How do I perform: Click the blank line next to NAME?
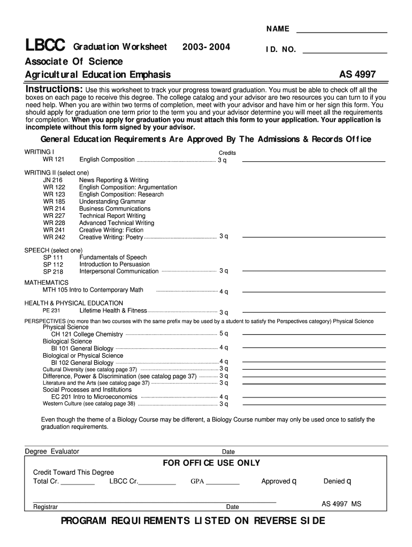(341, 29)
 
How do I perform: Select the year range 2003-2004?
(206, 47)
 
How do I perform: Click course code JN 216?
(53, 180)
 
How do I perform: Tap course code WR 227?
(54, 216)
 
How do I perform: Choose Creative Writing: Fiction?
(111, 230)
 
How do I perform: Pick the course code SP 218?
(53, 272)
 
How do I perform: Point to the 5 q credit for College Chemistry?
(224, 334)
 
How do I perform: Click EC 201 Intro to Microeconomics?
(94, 397)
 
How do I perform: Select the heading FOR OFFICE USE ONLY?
(211, 463)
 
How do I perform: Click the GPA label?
(197, 482)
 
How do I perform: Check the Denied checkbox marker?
(349, 481)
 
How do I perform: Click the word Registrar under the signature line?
(45, 507)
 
